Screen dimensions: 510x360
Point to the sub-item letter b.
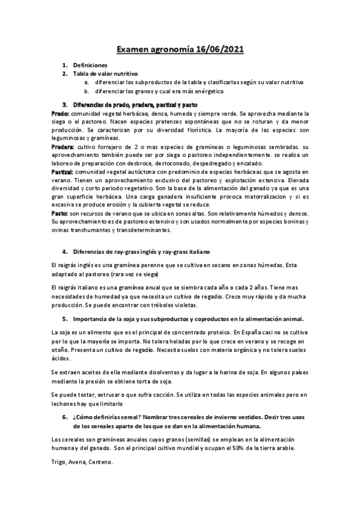point(86,91)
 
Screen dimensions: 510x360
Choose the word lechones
point(66,404)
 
